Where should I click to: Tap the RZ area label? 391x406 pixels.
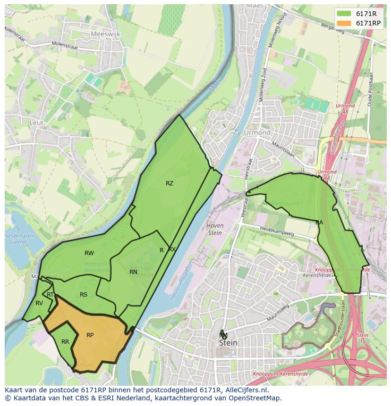point(169,183)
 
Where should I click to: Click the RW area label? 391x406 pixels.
point(89,253)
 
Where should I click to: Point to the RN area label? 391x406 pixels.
point(133,272)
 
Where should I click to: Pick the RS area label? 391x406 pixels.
point(83,295)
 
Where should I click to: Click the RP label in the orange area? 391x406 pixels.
point(90,335)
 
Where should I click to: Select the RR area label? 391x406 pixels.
point(65,342)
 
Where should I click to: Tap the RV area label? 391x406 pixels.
point(39,303)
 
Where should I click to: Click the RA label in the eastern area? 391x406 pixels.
point(319,222)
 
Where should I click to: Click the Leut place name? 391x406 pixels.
point(36,123)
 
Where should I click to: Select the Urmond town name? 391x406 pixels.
point(257,133)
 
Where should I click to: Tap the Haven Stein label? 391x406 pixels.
point(215,229)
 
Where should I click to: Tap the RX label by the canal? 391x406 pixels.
point(172,249)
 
